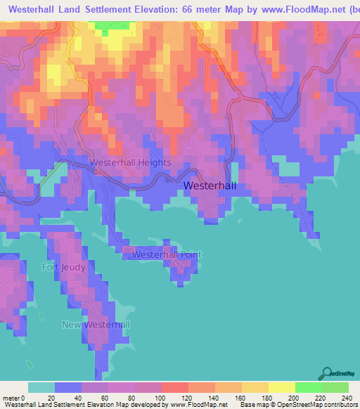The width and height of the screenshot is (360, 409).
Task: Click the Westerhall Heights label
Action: pos(130,162)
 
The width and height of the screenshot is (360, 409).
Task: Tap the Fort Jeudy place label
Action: pos(63,267)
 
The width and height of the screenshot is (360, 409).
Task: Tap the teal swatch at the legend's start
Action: pos(41,388)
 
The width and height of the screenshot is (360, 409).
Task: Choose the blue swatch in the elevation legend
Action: pos(68,388)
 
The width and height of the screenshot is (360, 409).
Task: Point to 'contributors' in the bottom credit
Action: pos(340,404)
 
